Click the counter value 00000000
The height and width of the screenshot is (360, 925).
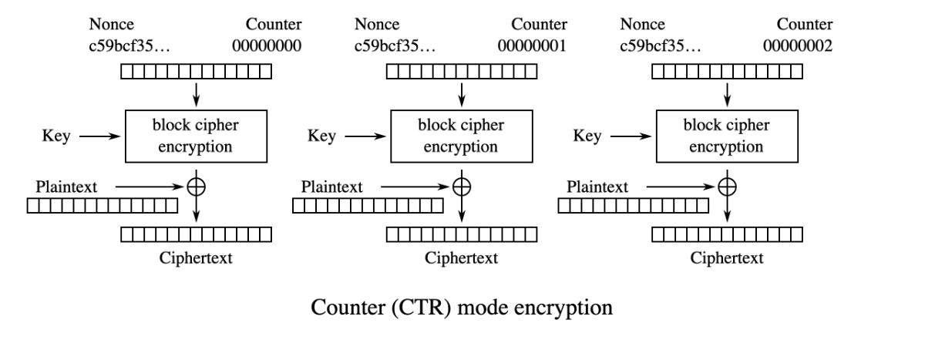click(x=267, y=45)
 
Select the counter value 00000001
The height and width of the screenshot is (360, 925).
click(x=532, y=45)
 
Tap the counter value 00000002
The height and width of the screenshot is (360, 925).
click(x=798, y=45)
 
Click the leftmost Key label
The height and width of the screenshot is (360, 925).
click(x=56, y=136)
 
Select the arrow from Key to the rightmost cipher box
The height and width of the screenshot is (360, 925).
click(x=631, y=136)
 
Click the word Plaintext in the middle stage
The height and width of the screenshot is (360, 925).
click(x=331, y=187)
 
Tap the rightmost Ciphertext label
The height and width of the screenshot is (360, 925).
click(x=727, y=258)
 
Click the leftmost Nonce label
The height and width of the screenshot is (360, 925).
click(x=112, y=25)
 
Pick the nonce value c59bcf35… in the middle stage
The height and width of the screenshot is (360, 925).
click(x=395, y=45)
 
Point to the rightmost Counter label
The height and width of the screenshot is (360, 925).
click(x=805, y=25)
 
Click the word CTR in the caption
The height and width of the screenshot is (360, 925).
click(x=421, y=308)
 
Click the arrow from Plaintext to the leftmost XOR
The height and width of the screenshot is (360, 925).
click(x=149, y=187)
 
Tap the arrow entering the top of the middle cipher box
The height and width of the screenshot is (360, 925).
click(x=462, y=95)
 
